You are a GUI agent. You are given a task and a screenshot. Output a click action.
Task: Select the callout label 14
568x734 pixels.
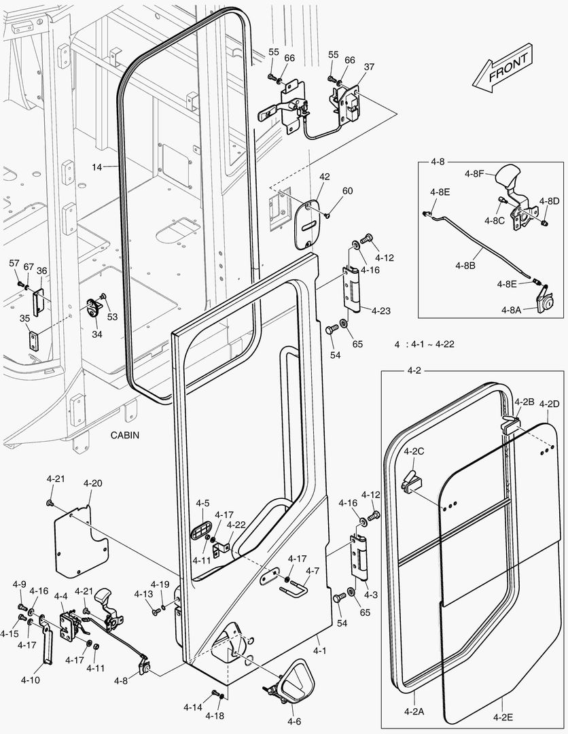click(99, 166)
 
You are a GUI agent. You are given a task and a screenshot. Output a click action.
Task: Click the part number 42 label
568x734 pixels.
click(324, 177)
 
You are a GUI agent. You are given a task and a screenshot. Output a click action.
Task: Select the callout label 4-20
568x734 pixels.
click(93, 483)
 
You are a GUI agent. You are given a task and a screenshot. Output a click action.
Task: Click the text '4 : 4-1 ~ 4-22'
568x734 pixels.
click(424, 344)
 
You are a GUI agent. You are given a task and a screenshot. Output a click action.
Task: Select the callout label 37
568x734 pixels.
click(369, 67)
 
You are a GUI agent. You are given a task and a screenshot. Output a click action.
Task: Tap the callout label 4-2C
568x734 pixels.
click(414, 451)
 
